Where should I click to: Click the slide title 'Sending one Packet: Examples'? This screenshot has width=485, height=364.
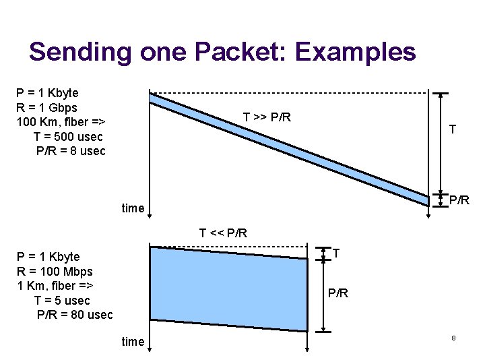(x=222, y=52)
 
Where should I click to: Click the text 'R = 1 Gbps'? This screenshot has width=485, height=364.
(x=46, y=107)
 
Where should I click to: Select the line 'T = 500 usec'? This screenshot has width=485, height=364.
(x=68, y=137)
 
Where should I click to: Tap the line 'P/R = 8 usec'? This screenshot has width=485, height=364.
(x=71, y=151)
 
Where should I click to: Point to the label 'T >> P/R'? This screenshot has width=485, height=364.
(x=267, y=117)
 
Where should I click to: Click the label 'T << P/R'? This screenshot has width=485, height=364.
(x=223, y=233)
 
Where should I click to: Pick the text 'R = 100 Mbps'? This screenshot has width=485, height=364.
(x=55, y=271)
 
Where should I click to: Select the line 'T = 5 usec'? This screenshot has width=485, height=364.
(x=61, y=300)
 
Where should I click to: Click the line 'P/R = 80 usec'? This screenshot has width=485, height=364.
(x=75, y=314)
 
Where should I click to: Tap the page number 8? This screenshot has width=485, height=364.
(x=453, y=337)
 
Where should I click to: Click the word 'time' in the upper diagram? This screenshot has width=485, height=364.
(x=133, y=208)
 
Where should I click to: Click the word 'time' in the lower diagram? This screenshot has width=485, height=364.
(x=133, y=342)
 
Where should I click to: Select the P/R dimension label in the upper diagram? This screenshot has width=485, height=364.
(x=459, y=200)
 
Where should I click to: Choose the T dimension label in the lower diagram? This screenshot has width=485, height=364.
(x=336, y=253)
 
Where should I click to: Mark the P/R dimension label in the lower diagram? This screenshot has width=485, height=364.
(x=338, y=293)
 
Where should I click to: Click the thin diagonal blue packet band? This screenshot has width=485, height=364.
(x=290, y=147)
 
